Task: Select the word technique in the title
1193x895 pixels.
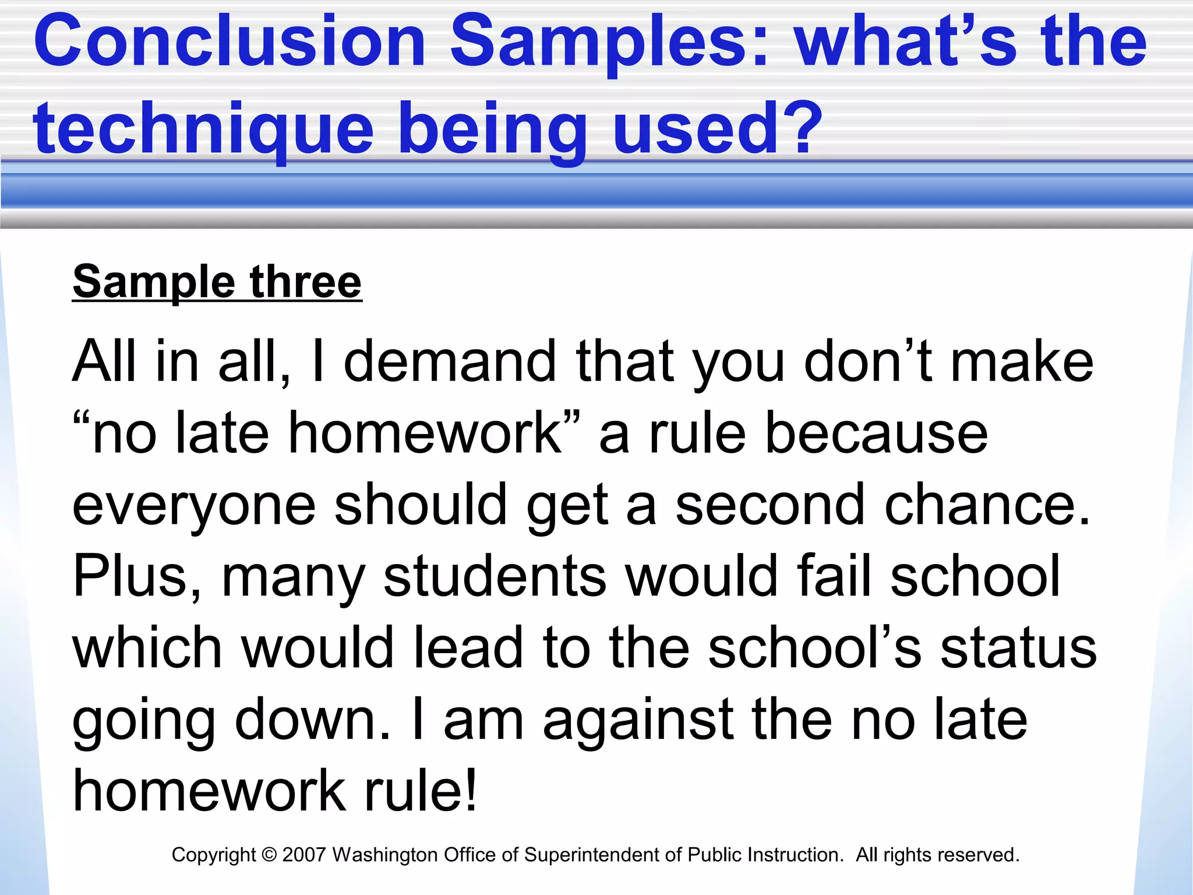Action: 203,129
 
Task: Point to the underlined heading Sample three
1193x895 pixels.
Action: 217,282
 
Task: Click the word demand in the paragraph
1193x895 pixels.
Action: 449,362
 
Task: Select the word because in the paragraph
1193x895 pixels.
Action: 876,434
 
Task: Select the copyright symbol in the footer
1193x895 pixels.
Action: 269,855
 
